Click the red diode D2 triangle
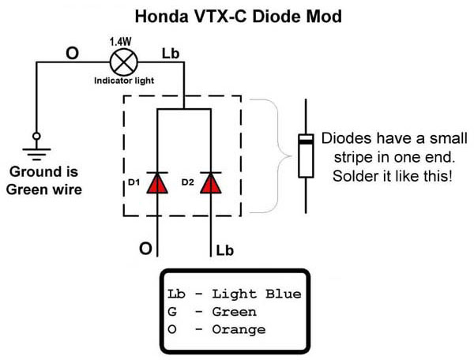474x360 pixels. pyautogui.click(x=210, y=183)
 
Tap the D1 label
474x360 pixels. pyautogui.click(x=134, y=183)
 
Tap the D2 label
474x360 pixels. pyautogui.click(x=187, y=183)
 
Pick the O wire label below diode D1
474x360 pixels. pyautogui.click(x=145, y=249)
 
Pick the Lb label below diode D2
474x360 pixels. pyautogui.click(x=224, y=250)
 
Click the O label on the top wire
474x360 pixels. pyautogui.click(x=72, y=53)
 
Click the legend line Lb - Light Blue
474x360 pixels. pyautogui.click(x=234, y=294)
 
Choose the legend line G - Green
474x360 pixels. pyautogui.click(x=213, y=312)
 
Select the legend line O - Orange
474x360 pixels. pyautogui.click(x=216, y=329)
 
